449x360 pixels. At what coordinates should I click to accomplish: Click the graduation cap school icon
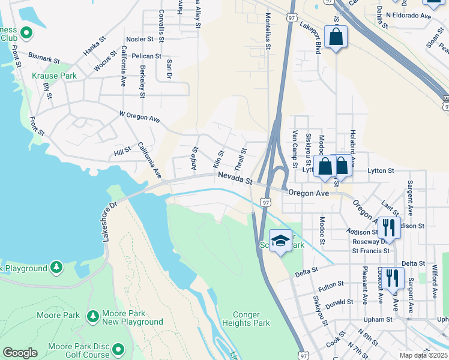[280, 241]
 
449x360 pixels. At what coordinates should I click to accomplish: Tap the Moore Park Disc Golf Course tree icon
[118, 349]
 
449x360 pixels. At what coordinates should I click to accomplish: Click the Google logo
[20, 353]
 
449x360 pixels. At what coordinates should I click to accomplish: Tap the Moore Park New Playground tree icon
[93, 316]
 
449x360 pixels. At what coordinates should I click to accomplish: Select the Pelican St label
[147, 56]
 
